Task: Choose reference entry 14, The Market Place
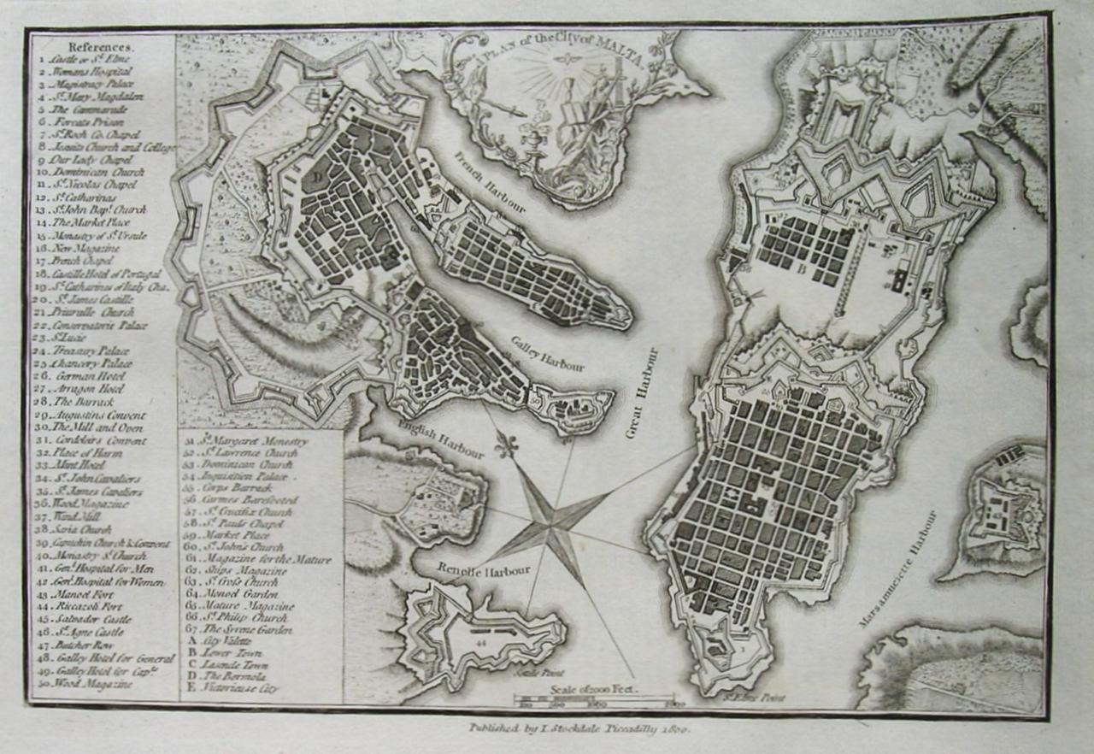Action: click(86, 221)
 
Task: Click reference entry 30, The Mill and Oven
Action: click(91, 427)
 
